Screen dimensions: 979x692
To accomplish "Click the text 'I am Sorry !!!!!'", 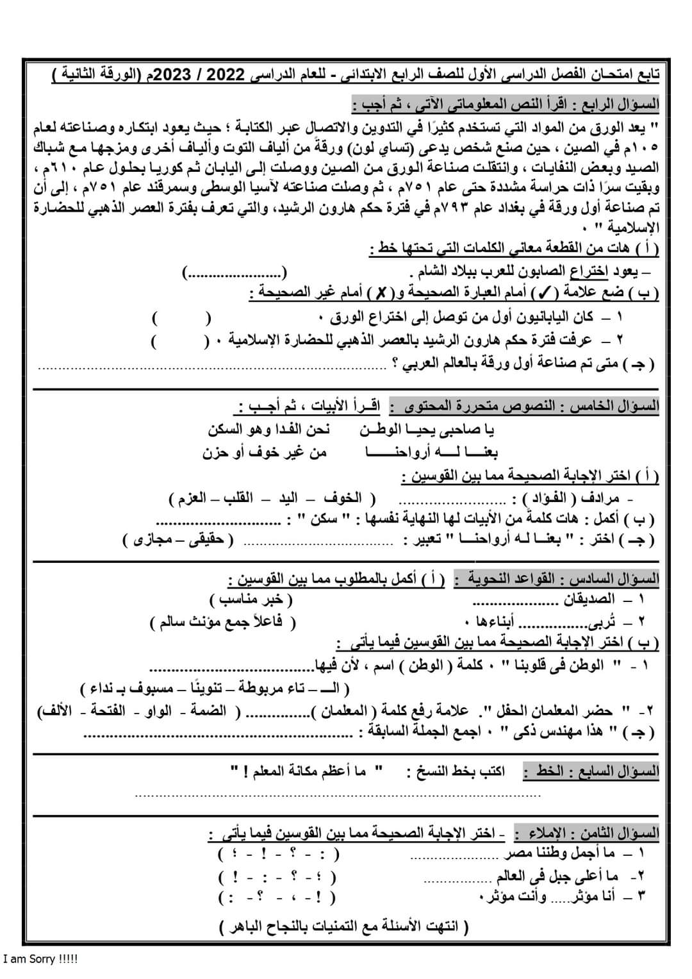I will [x=40, y=960].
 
